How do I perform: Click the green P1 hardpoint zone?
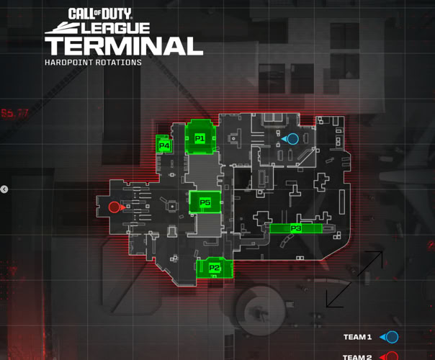tap(199, 138)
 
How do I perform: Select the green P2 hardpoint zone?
tap(215, 268)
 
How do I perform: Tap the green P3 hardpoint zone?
tap(295, 228)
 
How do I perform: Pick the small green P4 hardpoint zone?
tap(164, 145)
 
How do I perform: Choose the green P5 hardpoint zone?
tap(205, 203)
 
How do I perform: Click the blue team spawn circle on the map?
tap(292, 138)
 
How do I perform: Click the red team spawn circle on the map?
tap(114, 207)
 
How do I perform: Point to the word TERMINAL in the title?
tap(123, 46)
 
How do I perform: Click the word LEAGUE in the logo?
tap(115, 28)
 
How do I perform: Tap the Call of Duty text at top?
tap(108, 13)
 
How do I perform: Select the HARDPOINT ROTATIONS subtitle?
tap(93, 63)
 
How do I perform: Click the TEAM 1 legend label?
tap(357, 337)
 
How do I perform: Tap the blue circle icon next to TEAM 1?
tap(392, 337)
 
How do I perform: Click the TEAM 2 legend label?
tap(357, 356)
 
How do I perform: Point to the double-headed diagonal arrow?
tap(354, 279)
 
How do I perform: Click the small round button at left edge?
tap(4, 189)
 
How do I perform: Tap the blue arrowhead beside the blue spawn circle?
tap(283, 138)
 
